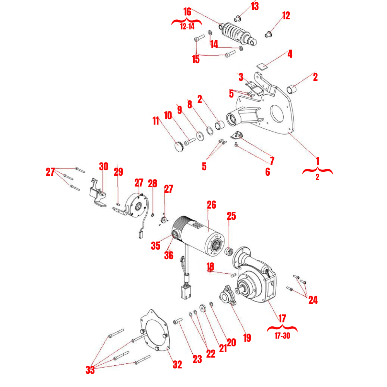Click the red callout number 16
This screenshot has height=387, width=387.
(187, 12)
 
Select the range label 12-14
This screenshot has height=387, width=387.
(187, 27)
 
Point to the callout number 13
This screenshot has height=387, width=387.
(255, 6)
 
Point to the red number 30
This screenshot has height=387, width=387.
(103, 167)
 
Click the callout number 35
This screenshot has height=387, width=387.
(156, 246)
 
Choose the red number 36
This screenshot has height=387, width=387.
(168, 255)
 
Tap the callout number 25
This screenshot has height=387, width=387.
(231, 216)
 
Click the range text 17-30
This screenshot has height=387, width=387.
(282, 336)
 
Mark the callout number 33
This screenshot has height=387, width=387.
(90, 370)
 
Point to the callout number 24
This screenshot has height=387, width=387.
(313, 300)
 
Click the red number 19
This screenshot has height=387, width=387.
(247, 337)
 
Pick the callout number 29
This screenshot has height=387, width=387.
(118, 172)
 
